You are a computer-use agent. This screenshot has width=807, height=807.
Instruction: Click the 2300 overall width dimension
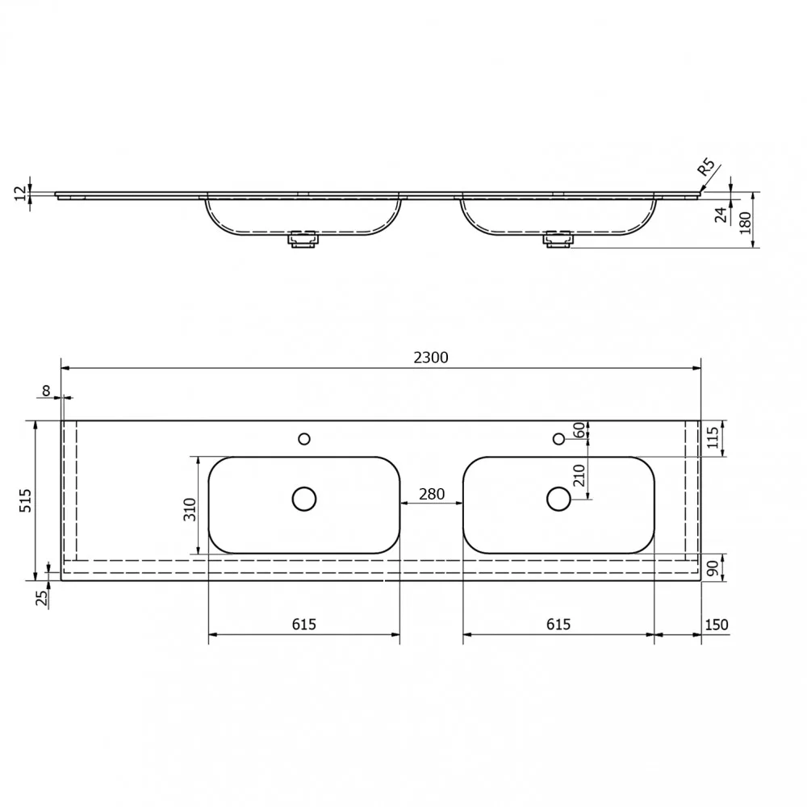tap(431, 358)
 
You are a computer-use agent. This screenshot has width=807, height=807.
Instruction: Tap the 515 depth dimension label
tap(25, 500)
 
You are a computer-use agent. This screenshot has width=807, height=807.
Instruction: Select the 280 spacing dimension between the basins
tap(431, 494)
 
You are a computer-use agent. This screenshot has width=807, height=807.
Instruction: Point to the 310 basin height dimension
tap(190, 509)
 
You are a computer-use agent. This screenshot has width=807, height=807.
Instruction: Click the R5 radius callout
tap(706, 168)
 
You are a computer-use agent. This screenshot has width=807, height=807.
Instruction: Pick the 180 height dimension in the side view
tap(745, 223)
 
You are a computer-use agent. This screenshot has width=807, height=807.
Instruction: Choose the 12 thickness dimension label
tap(19, 194)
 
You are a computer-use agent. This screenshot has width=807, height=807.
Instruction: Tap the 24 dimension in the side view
tap(721, 215)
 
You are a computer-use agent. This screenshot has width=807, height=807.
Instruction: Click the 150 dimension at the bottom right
tap(716, 625)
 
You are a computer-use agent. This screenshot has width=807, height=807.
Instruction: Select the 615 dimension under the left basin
tap(303, 625)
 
